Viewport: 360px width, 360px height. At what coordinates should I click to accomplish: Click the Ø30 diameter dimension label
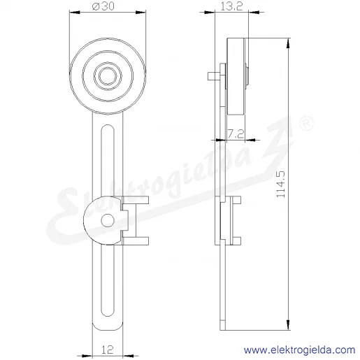click(x=103, y=6)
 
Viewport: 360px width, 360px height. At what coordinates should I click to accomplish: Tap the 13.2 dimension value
click(x=231, y=6)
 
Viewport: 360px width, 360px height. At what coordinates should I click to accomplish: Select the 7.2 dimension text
click(x=236, y=134)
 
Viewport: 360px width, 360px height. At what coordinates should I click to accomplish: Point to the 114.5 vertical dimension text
click(x=280, y=185)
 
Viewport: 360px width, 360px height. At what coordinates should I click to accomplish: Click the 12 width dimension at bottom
click(x=108, y=350)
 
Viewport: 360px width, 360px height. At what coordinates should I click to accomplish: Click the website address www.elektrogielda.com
click(x=300, y=350)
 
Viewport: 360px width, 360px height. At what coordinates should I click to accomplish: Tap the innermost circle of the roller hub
click(x=108, y=75)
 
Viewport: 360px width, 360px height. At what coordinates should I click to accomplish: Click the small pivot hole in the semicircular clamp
click(x=108, y=220)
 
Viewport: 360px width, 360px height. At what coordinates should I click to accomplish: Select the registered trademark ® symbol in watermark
click(x=306, y=124)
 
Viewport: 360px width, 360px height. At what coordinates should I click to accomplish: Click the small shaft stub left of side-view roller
click(x=213, y=76)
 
